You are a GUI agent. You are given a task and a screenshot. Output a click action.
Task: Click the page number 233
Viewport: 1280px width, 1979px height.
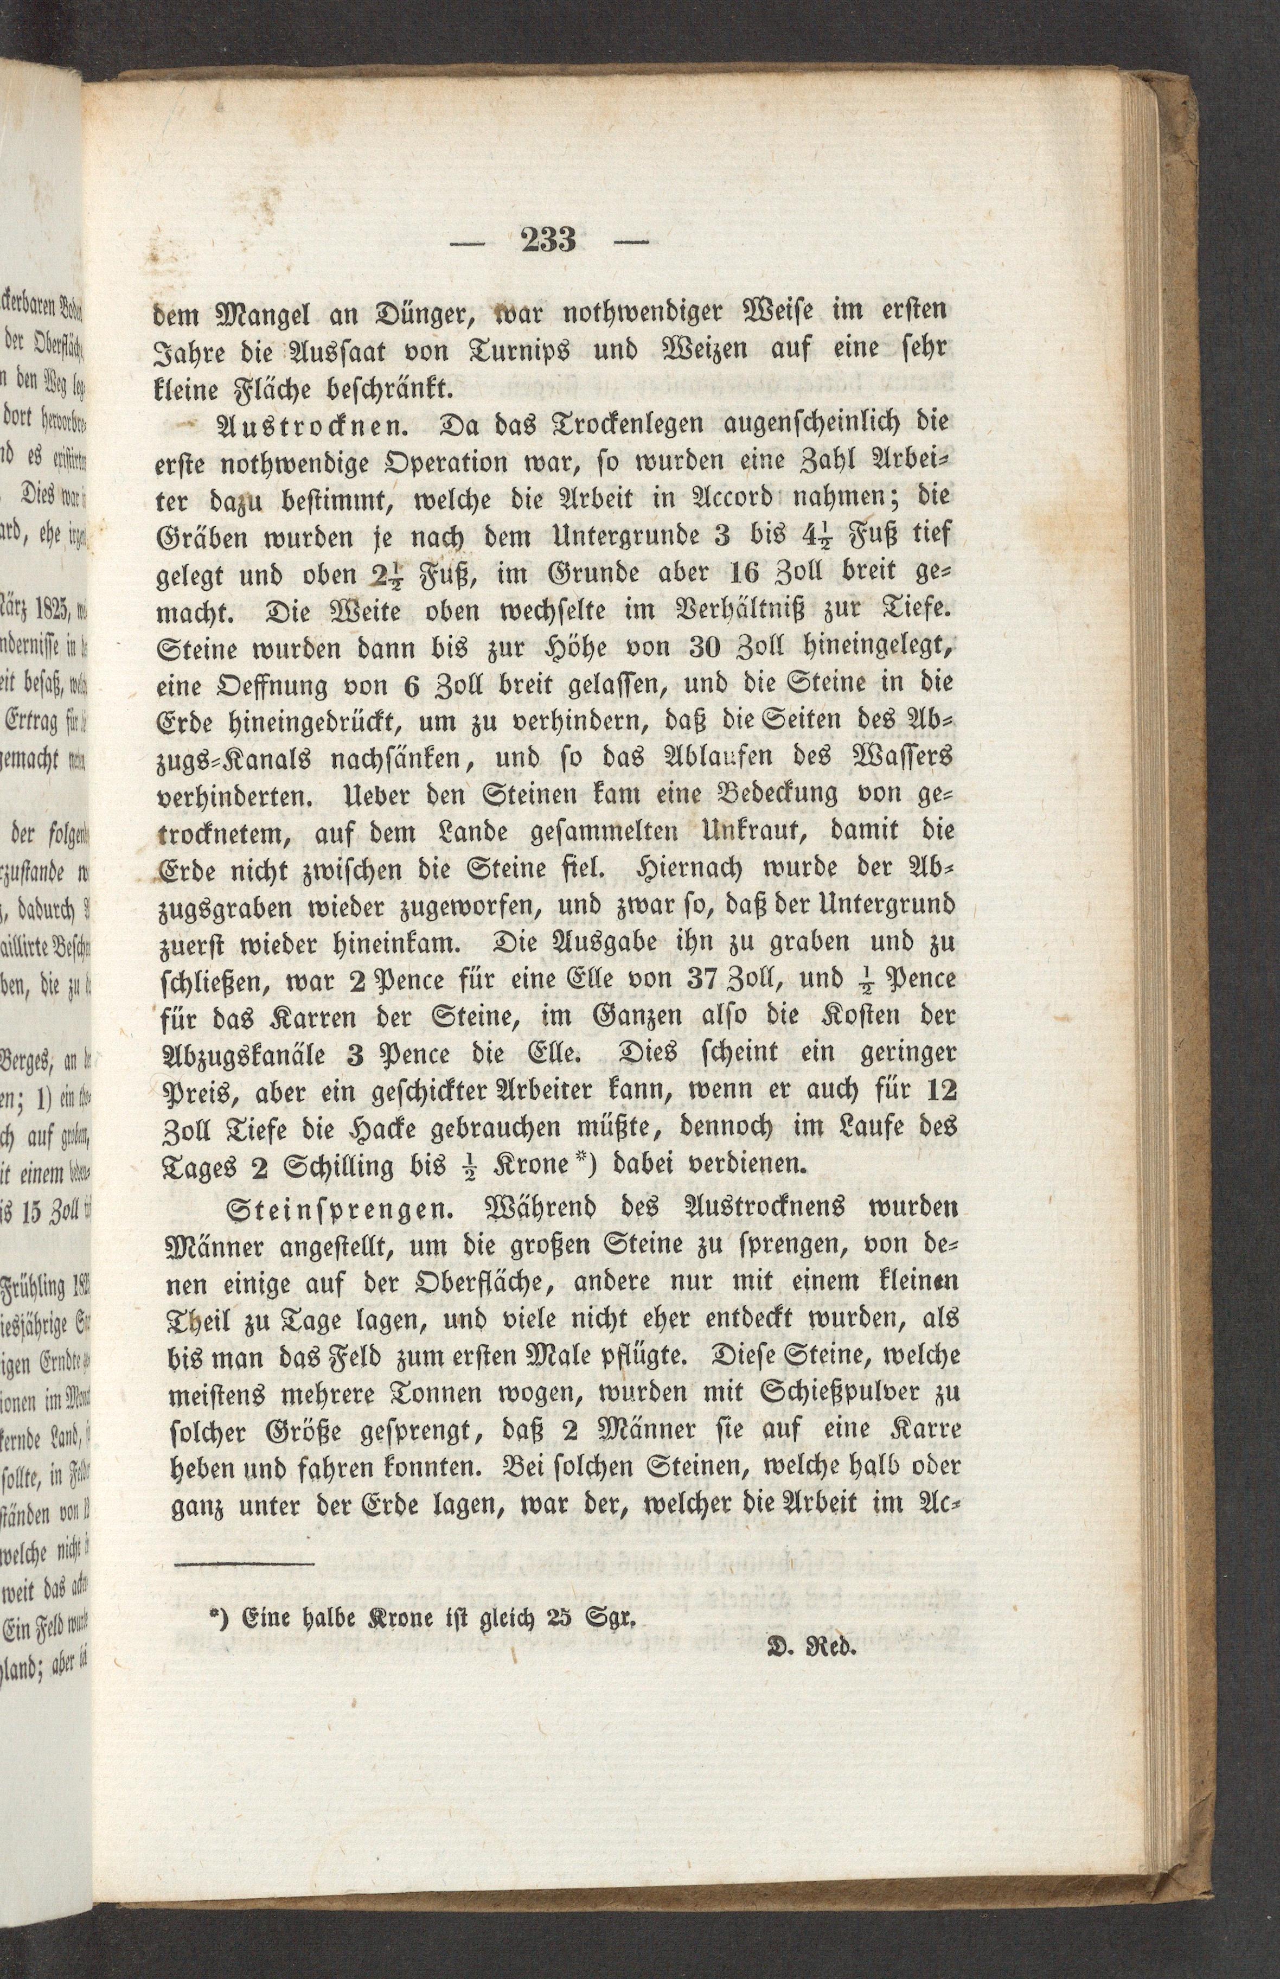pyautogui.click(x=548, y=241)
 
